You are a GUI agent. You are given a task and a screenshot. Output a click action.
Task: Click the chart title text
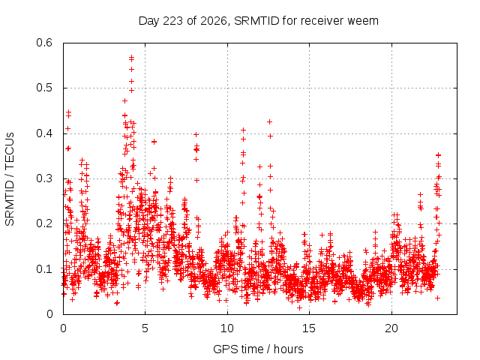(x=258, y=21)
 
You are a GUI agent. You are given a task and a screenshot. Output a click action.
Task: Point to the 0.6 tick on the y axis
(x=44, y=43)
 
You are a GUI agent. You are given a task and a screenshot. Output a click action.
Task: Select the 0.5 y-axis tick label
(x=44, y=88)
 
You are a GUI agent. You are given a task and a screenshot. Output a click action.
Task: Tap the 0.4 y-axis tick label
(x=44, y=133)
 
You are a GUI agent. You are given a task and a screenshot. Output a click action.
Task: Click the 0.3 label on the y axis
(x=44, y=178)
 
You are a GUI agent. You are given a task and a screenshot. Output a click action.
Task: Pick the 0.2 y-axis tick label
(x=44, y=223)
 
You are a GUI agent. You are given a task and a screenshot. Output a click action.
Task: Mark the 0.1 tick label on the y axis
(x=44, y=269)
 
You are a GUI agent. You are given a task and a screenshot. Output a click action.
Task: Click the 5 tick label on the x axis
(x=145, y=328)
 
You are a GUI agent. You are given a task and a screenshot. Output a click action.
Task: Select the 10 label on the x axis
(x=227, y=328)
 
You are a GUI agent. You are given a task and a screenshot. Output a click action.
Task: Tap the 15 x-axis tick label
(x=309, y=328)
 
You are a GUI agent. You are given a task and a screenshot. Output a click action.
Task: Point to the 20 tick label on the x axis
(x=391, y=328)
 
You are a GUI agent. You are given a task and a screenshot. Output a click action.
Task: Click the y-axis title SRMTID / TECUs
(x=10, y=179)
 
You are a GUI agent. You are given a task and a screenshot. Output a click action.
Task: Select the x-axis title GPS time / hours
(x=258, y=349)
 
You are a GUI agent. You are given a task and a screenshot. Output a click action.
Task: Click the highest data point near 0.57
(x=132, y=57)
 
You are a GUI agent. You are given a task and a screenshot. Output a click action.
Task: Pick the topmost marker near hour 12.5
(x=270, y=121)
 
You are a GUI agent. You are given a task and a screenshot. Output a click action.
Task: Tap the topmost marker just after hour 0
(x=69, y=112)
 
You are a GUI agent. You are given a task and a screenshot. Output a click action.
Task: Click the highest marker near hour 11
(x=243, y=130)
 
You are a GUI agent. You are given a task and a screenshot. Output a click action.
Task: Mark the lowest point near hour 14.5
(x=300, y=307)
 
